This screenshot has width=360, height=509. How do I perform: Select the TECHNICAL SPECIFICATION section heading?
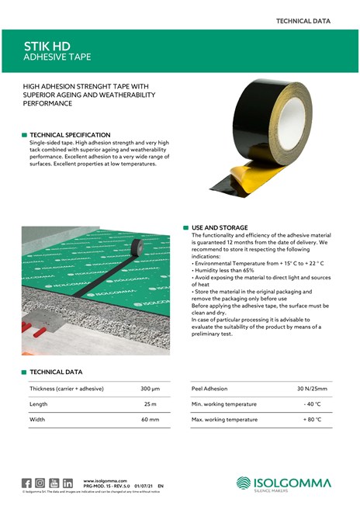[70, 135]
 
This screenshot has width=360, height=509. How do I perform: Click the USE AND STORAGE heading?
[220, 227]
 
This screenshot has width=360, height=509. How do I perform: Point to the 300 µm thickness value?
[150, 388]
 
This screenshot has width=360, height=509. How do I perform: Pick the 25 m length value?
[151, 403]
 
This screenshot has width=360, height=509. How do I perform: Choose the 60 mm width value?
[150, 420]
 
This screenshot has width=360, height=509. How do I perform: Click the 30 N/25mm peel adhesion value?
[312, 388]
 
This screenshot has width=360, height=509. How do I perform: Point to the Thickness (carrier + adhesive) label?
[67, 388]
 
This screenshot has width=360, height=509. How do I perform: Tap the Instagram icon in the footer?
[40, 483]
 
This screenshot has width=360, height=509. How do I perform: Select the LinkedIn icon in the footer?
[67, 483]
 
